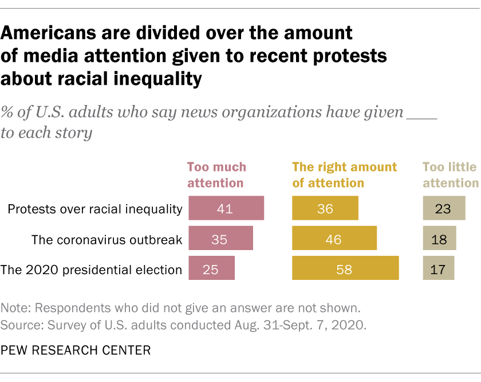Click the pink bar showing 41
click(x=226, y=208)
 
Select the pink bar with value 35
click(x=220, y=238)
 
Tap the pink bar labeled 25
click(x=211, y=268)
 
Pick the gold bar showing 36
click(x=325, y=208)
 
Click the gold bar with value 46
click(x=334, y=238)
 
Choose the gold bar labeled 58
click(x=345, y=268)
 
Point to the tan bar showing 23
click(x=444, y=208)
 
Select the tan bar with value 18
click(x=440, y=238)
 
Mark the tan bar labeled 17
click(x=439, y=268)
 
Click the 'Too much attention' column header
click(x=217, y=175)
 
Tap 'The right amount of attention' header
click(x=344, y=175)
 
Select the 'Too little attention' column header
click(x=450, y=175)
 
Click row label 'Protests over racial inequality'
click(x=94, y=209)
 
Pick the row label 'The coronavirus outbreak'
click(x=107, y=239)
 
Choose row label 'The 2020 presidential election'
click(x=92, y=268)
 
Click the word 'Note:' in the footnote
click(x=17, y=310)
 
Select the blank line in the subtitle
click(x=421, y=112)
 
